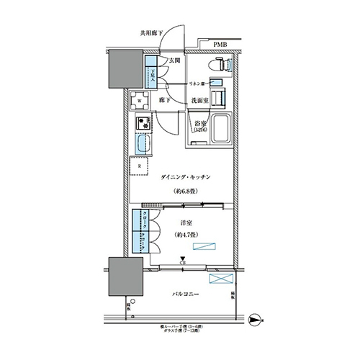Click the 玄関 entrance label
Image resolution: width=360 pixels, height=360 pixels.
point(174,62)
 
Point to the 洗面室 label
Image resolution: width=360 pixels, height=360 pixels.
point(200,101)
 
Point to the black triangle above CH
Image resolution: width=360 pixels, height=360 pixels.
point(183,259)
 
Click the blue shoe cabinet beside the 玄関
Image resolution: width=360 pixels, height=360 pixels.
point(153,74)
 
